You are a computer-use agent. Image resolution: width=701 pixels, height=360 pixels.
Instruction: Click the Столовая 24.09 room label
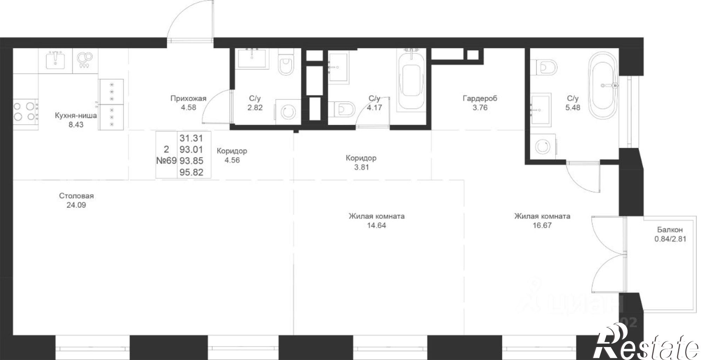[76, 200]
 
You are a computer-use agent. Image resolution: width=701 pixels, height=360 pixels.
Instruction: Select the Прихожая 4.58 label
[188, 103]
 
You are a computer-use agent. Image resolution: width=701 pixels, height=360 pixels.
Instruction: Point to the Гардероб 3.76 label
[480, 103]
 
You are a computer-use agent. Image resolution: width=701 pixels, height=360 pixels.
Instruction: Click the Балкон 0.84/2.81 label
[670, 235]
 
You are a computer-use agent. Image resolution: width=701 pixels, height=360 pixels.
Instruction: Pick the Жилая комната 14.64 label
[376, 220]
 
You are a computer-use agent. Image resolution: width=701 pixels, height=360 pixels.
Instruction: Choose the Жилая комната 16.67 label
[542, 220]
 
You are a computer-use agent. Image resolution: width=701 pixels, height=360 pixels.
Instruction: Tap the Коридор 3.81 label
[361, 162]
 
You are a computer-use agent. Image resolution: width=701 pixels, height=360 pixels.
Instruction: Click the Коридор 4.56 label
[232, 155]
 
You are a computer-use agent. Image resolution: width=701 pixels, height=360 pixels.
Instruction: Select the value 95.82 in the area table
[191, 172]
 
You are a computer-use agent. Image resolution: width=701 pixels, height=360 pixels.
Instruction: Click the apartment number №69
[166, 161]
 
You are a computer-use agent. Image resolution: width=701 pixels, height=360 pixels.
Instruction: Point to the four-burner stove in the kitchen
[25, 111]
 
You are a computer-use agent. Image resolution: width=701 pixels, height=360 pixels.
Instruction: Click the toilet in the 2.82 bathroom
[286, 65]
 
